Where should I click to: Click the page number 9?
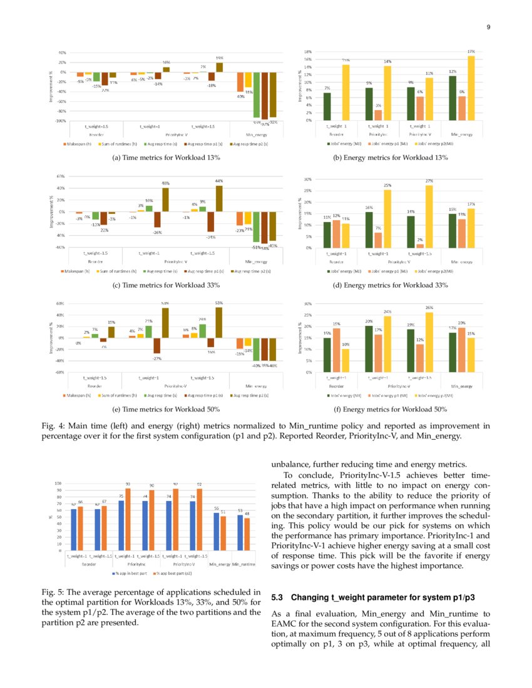[488, 26]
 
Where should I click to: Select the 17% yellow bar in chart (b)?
[471, 88]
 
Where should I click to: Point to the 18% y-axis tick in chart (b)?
[308, 52]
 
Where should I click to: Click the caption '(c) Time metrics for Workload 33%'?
[165, 285]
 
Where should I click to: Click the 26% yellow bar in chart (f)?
[429, 341]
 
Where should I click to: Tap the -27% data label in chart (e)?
[158, 358]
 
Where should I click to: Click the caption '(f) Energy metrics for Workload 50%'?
[396, 410]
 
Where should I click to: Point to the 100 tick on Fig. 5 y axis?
[58, 483]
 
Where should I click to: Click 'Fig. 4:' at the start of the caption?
[52, 426]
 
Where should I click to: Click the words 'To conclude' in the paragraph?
[300, 475]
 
